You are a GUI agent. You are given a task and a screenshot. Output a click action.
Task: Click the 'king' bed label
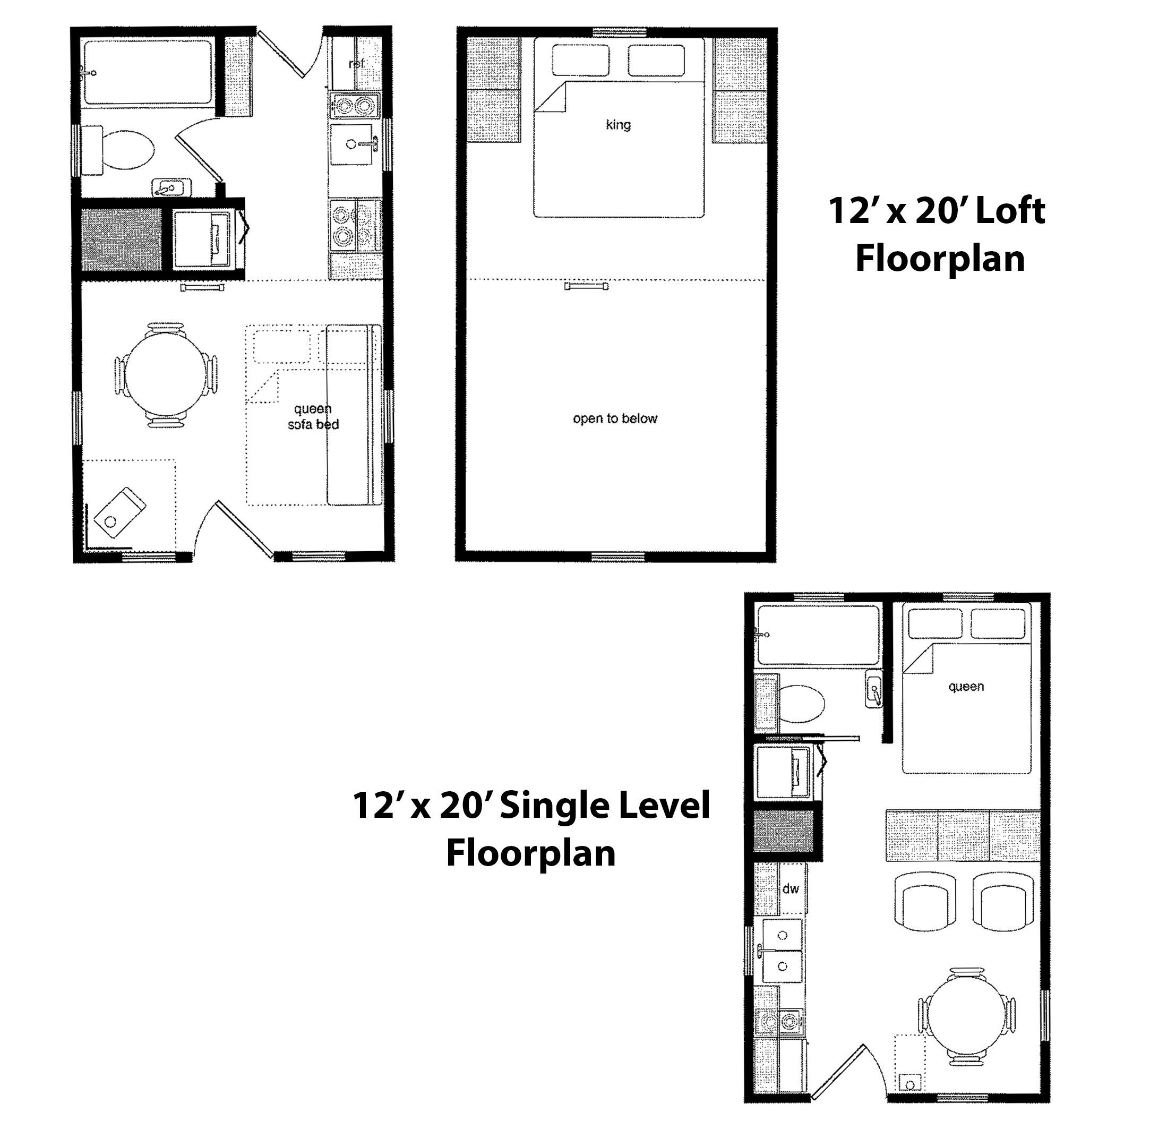click(618, 124)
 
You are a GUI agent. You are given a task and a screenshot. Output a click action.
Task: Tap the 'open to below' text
click(615, 418)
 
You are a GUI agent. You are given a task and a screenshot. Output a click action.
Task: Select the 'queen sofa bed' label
click(313, 416)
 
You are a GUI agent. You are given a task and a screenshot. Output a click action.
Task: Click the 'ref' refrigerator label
click(355, 64)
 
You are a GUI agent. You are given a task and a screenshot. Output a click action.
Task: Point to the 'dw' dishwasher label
click(790, 888)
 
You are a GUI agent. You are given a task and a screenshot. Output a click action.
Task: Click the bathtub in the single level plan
click(817, 635)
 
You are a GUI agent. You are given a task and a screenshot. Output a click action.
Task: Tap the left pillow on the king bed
click(580, 60)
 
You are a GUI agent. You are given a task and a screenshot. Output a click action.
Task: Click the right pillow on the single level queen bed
click(998, 624)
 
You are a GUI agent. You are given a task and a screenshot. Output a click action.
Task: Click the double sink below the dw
click(782, 951)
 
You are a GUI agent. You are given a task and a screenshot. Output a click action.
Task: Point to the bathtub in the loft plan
click(148, 72)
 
